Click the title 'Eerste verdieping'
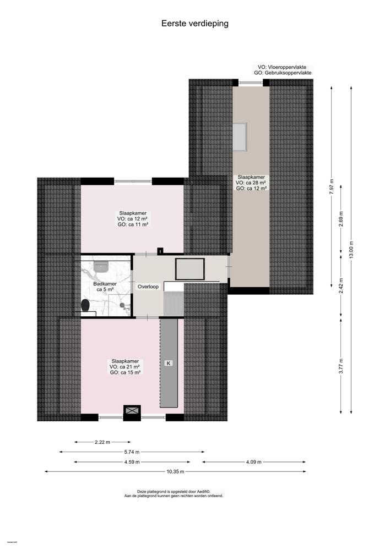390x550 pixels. click(194, 24)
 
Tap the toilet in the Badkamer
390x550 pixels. click(84, 305)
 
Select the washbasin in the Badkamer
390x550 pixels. click(101, 267)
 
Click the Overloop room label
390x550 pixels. click(148, 287)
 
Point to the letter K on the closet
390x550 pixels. click(169, 364)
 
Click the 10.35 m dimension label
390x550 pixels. click(175, 472)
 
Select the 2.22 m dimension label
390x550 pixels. click(102, 442)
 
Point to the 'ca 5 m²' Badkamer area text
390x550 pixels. click(105, 289)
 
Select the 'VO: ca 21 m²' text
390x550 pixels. click(125, 366)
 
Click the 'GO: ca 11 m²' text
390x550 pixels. click(134, 224)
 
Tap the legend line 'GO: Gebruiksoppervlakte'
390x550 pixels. click(283, 73)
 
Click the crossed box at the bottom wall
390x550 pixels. click(132, 410)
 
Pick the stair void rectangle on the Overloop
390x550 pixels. click(189, 268)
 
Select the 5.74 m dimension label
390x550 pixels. click(132, 452)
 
